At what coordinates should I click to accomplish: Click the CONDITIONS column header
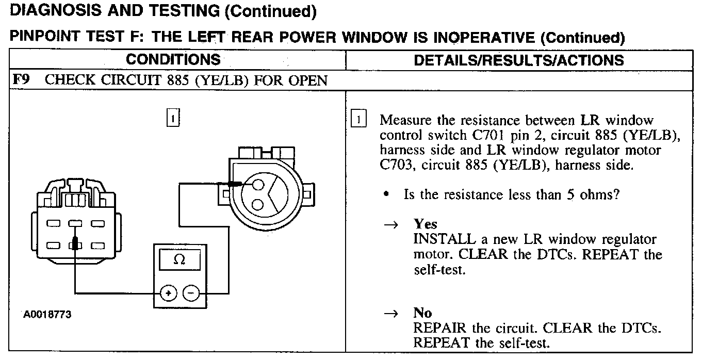pos(173,59)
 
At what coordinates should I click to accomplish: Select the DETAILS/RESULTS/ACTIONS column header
pos(518,60)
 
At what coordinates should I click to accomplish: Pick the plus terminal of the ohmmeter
pos(168,293)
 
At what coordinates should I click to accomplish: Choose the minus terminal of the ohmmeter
pos(191,293)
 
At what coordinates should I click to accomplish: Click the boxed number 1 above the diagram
pos(173,119)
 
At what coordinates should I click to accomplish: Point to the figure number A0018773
pos(46,314)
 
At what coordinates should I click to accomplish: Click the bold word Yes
pos(425,224)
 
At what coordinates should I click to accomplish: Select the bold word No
pos(422,313)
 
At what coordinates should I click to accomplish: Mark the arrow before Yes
pos(392,225)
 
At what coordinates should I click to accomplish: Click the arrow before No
pos(392,314)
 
